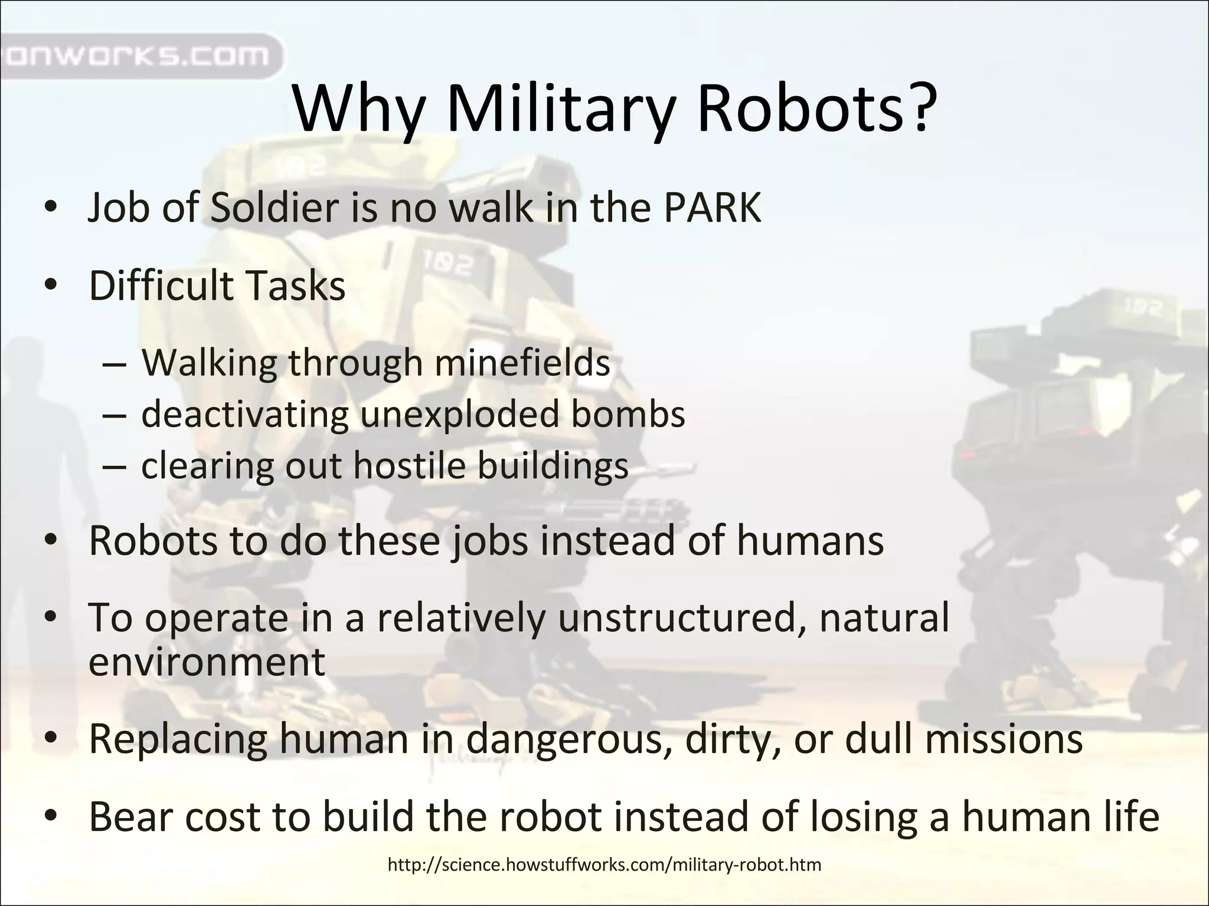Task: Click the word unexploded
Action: (459, 414)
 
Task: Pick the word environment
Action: (207, 662)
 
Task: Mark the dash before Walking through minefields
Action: (113, 363)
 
